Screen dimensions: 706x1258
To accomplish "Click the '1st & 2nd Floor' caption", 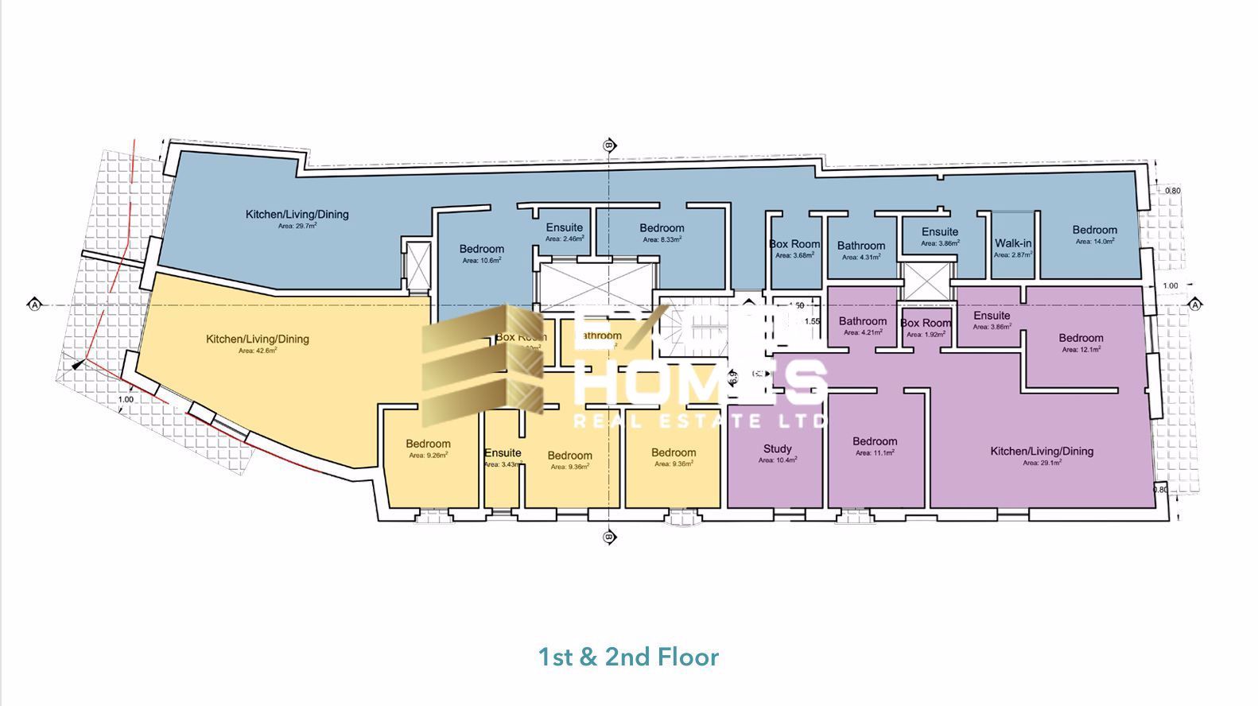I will point(628,657).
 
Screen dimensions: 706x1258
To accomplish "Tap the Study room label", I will point(777,449).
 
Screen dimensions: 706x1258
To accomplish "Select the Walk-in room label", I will point(1013,244).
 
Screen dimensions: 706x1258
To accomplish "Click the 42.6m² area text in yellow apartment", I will point(257,351).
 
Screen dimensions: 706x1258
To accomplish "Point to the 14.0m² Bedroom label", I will point(1094,230).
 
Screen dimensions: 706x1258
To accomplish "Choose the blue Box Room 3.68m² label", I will point(794,245).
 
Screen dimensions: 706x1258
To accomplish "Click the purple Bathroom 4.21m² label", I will point(862,322).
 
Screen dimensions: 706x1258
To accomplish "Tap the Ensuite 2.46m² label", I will point(564,228).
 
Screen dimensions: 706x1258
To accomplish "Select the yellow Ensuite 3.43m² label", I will point(503,454).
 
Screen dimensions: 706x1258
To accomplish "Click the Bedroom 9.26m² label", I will point(428,444).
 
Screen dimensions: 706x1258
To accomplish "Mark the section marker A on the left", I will point(34,305).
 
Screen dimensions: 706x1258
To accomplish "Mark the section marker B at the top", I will point(609,145).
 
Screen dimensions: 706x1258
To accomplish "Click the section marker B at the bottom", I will point(609,537).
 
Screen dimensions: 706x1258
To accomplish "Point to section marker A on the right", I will point(1195,305).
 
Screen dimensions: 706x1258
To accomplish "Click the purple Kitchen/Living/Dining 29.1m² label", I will point(1041,452).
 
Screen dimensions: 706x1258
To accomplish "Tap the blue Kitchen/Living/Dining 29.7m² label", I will point(297,215).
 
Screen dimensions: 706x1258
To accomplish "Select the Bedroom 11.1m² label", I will point(875,442).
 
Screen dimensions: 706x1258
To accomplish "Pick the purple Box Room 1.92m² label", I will point(926,324).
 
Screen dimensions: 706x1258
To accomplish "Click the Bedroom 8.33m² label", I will point(662,229).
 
